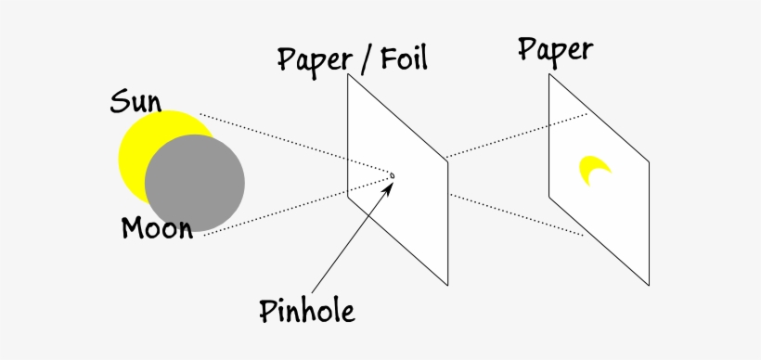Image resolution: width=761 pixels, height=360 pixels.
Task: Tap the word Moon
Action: tap(157, 227)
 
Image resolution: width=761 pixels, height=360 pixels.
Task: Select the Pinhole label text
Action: tap(306, 311)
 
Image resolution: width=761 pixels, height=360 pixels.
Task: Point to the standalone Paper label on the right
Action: tap(556, 49)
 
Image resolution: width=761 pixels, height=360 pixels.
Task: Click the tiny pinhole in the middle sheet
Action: tap(392, 175)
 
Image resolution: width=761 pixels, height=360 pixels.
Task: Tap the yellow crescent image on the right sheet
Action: tap(592, 169)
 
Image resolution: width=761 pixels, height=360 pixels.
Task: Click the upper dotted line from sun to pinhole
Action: tap(297, 144)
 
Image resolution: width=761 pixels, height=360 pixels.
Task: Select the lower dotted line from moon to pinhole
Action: tap(297, 206)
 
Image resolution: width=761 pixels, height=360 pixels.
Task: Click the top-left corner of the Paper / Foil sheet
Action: tap(349, 74)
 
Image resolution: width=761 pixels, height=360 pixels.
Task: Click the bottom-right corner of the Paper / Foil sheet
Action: tap(448, 285)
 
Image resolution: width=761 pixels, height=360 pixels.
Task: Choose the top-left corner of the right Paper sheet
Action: tap(549, 74)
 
